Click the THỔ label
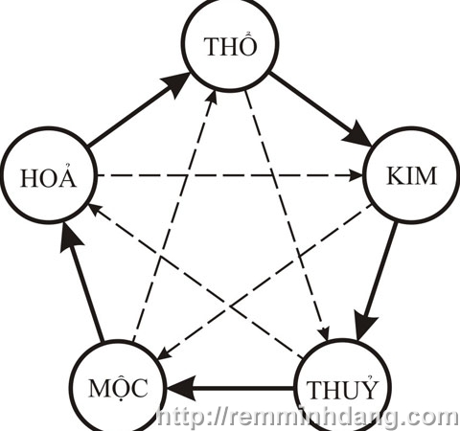[x=231, y=45]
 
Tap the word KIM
[x=411, y=175]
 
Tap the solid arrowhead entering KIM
[x=356, y=133]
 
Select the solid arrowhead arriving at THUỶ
[x=366, y=328]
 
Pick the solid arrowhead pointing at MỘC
[x=181, y=388]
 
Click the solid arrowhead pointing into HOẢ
[x=70, y=237]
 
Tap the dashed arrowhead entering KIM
[x=356, y=175]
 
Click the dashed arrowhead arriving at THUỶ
[x=325, y=333]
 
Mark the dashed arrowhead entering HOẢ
[x=95, y=210]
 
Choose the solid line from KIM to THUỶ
[x=378, y=282]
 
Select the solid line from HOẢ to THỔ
[x=140, y=110]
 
